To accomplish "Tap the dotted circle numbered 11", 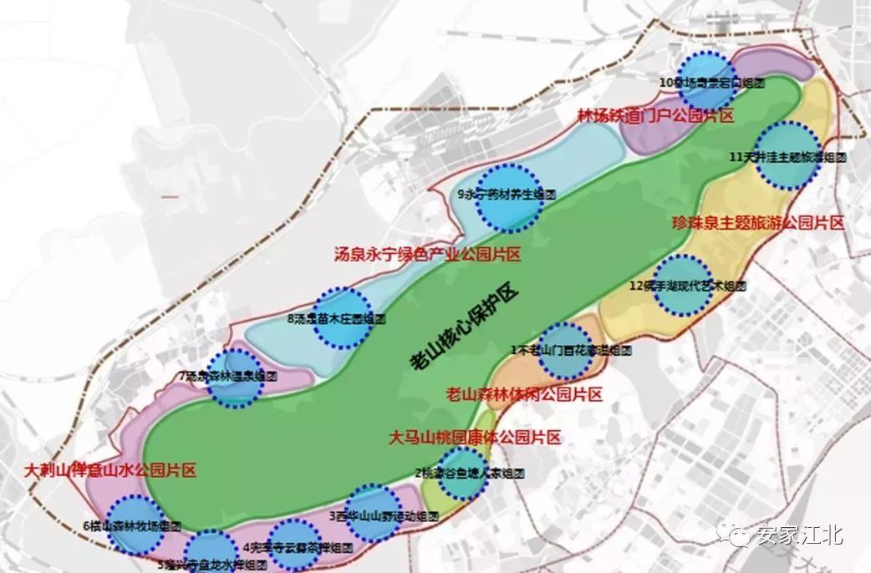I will pos(787,155).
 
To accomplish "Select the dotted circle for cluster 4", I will pos(296,544).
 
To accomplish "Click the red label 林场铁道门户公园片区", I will pos(655,116).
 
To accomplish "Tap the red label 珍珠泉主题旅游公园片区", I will pos(759,223).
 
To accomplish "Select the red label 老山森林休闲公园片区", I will pos(524,393).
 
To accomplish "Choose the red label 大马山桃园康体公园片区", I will pos(475,436).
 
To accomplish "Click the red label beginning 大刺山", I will pos(111,470).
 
